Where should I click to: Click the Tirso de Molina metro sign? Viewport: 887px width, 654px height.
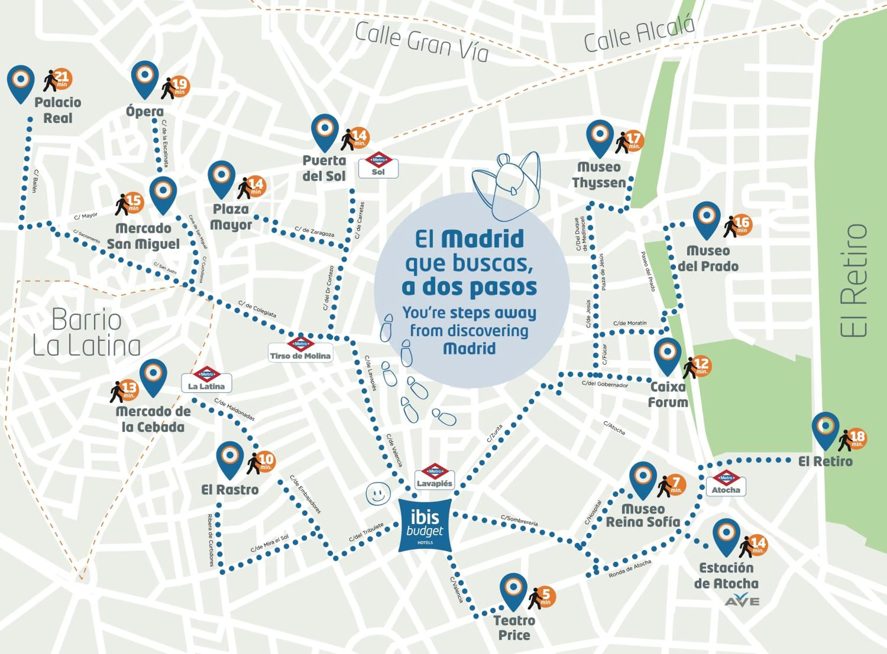(300, 349)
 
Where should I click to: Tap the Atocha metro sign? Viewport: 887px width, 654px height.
(726, 484)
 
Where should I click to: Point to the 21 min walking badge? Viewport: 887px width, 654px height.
(59, 79)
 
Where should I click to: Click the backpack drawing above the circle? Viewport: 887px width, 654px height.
(507, 186)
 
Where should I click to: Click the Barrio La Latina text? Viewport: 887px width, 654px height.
(86, 332)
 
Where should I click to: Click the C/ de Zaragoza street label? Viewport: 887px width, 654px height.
(314, 232)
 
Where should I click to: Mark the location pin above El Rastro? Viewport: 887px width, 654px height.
(230, 459)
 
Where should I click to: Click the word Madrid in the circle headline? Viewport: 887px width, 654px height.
(483, 240)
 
